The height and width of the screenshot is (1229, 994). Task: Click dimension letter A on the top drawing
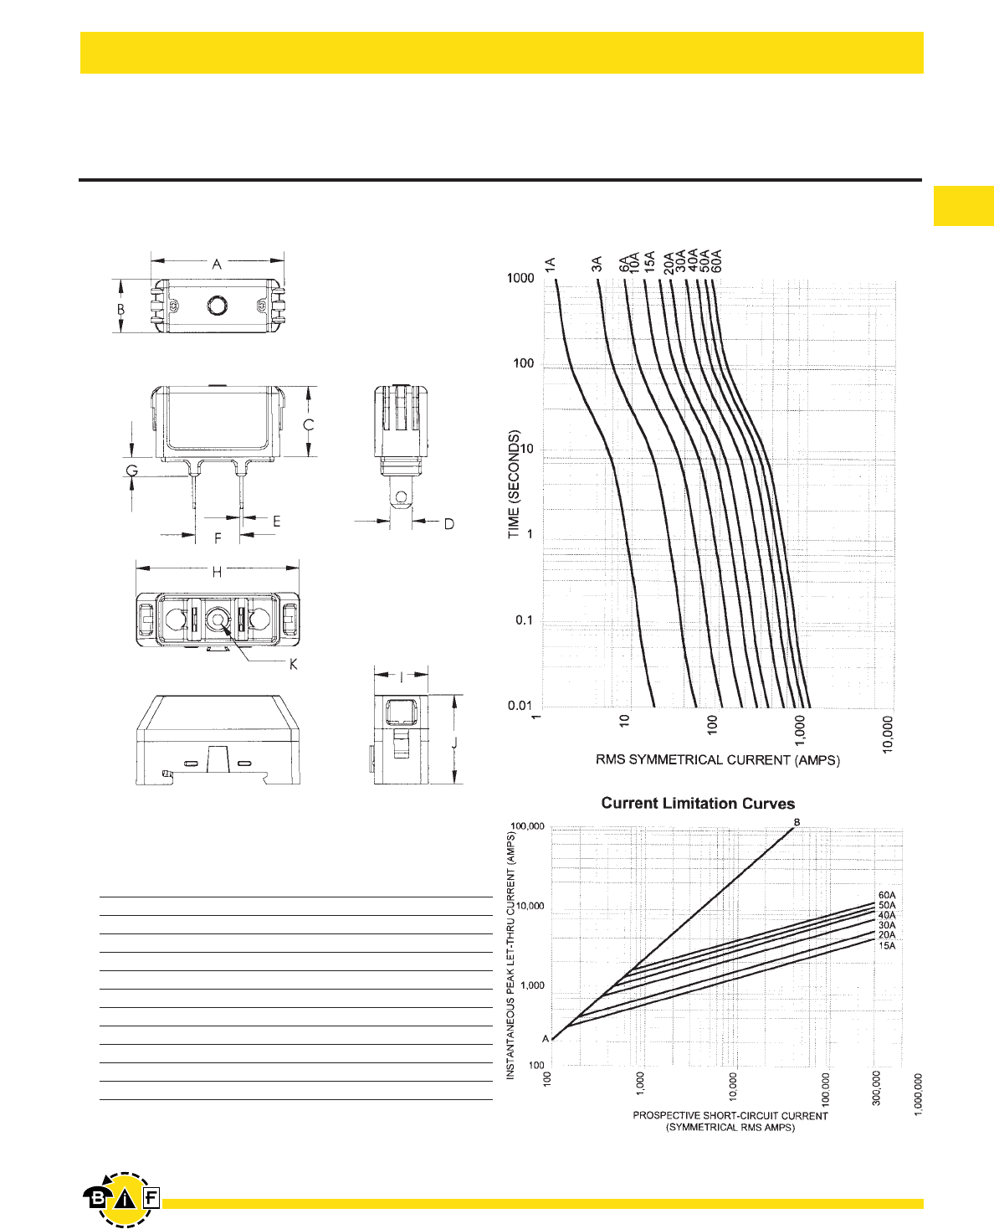(217, 265)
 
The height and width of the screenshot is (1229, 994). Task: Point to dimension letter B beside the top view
(121, 309)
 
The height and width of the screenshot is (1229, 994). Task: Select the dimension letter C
(309, 424)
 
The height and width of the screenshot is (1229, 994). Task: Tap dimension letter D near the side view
(448, 524)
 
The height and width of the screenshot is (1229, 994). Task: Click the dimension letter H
(217, 572)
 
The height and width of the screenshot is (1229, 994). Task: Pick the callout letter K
(294, 665)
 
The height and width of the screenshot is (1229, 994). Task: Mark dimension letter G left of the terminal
(132, 471)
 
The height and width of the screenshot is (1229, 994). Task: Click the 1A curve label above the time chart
(550, 265)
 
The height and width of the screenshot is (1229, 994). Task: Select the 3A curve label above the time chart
(597, 265)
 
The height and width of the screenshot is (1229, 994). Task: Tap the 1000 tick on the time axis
(520, 278)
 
